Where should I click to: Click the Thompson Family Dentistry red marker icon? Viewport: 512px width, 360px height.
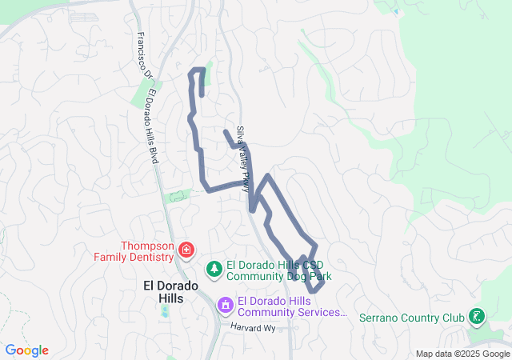(186, 251)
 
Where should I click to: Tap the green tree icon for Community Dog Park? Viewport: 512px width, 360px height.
(214, 270)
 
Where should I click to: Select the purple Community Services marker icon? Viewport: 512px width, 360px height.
(226, 306)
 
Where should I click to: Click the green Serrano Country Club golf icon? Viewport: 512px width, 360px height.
(477, 318)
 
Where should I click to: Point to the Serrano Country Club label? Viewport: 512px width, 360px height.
(411, 318)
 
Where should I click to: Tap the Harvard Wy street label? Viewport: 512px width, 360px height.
(253, 328)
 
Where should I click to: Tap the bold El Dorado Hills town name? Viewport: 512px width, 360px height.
(163, 291)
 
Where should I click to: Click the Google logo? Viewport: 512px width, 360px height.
(27, 350)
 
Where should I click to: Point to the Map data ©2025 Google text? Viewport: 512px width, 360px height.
(462, 354)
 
